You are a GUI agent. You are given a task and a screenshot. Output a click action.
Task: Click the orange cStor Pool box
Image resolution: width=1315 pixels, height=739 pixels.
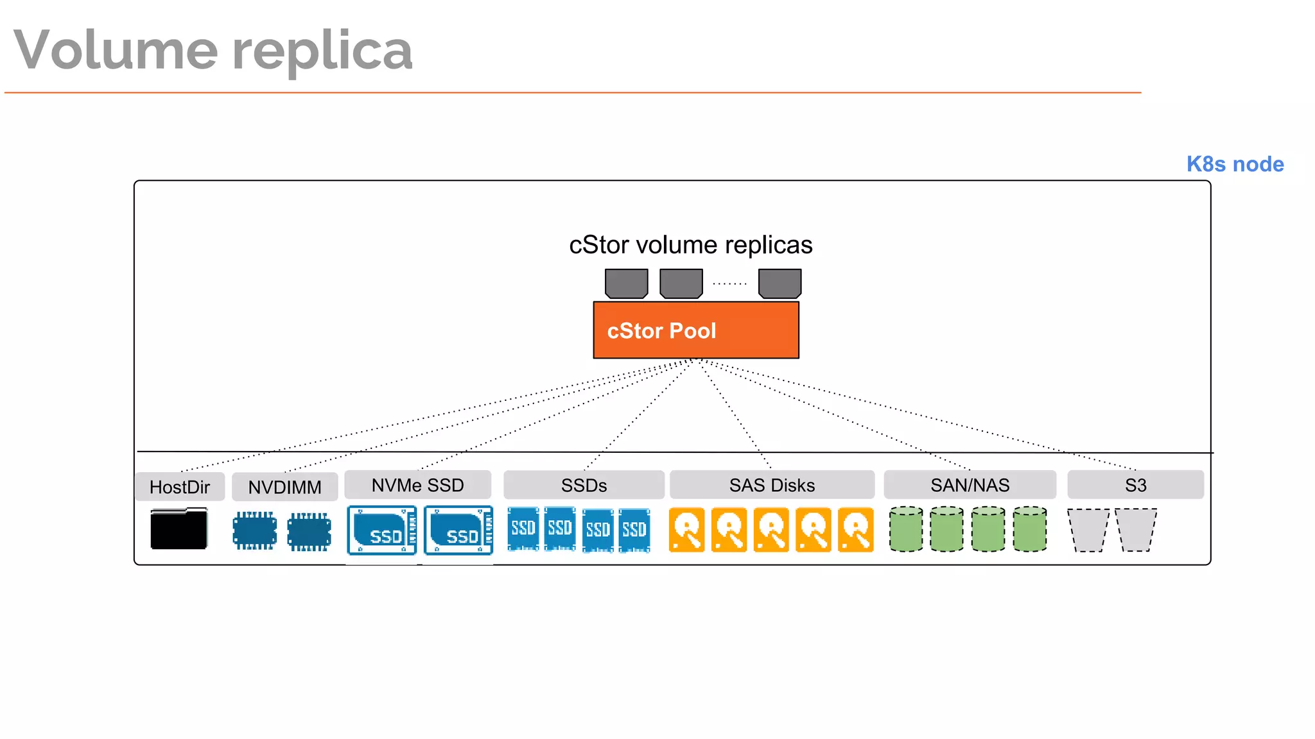(x=696, y=330)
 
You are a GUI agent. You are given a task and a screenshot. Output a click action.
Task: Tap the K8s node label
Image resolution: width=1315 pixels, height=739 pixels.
(x=1235, y=164)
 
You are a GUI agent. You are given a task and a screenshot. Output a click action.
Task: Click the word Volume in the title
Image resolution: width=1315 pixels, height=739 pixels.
(x=116, y=50)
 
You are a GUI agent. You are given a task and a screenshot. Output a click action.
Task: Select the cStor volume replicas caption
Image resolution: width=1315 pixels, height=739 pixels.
(x=690, y=245)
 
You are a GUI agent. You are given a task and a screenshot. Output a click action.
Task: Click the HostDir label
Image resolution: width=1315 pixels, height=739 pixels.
(x=180, y=487)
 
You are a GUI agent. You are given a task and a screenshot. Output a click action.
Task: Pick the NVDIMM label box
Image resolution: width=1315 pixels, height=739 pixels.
(x=284, y=487)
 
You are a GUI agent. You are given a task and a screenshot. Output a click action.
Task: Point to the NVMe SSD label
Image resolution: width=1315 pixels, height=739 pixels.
(x=417, y=485)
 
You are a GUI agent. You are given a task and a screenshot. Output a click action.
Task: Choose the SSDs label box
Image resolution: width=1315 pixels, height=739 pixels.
(x=584, y=485)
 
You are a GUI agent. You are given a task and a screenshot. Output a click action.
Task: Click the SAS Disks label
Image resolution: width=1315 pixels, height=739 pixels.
(x=772, y=485)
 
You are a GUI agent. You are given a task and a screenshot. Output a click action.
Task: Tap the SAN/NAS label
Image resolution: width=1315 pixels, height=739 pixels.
(x=970, y=485)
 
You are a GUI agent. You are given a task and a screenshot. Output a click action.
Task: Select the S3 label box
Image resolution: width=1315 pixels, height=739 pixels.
(x=1135, y=485)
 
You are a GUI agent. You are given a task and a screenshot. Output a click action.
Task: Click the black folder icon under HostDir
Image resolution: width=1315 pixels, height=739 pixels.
(x=179, y=529)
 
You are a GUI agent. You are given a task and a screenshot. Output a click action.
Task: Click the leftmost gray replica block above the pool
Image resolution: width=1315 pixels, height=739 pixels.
(x=627, y=284)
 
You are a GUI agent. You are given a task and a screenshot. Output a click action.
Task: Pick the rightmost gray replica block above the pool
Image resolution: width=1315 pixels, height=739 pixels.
(x=779, y=284)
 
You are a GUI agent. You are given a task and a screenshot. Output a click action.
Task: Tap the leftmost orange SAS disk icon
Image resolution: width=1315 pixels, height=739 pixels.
(x=686, y=530)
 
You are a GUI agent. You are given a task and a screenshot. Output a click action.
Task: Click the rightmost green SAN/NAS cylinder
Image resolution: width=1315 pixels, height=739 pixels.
(x=1030, y=529)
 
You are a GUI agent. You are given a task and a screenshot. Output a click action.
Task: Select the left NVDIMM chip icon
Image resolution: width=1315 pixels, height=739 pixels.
(x=255, y=531)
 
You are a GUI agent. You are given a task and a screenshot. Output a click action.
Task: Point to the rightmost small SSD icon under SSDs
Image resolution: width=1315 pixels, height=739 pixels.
(x=634, y=530)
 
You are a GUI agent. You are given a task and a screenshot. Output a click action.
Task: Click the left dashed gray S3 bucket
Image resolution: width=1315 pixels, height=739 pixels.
(x=1088, y=530)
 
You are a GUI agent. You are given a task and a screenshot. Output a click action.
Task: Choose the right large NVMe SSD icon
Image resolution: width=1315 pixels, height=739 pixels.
(x=458, y=531)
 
